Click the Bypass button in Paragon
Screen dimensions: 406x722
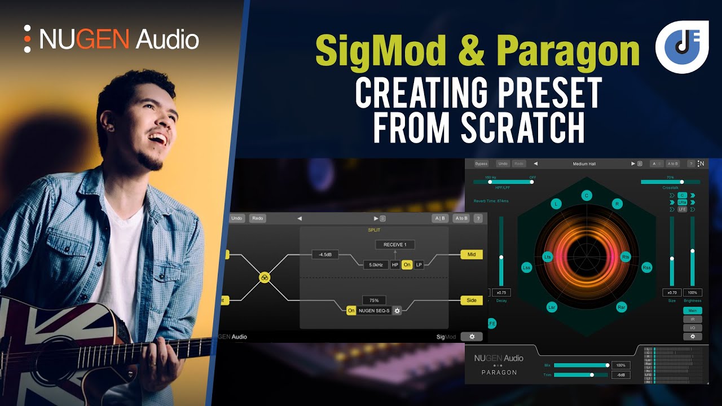click(481, 164)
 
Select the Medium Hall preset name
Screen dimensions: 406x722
click(584, 164)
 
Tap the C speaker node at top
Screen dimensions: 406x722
click(587, 196)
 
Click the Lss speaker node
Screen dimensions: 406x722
click(526, 267)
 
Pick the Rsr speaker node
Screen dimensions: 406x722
click(622, 307)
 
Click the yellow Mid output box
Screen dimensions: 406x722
click(472, 255)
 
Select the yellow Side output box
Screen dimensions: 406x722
click(472, 301)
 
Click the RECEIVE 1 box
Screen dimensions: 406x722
click(395, 245)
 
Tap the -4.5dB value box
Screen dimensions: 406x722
click(325, 255)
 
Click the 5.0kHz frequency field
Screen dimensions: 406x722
click(376, 264)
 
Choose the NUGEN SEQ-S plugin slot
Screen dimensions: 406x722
click(374, 311)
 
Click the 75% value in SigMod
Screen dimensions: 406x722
click(374, 301)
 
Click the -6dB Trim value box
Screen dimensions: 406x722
click(620, 375)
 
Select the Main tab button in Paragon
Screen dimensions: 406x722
click(693, 311)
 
